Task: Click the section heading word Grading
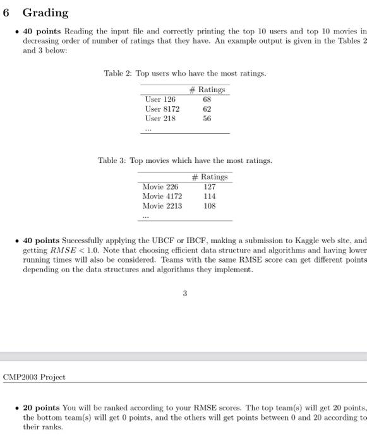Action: coord(45,13)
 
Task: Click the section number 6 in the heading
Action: coord(7,13)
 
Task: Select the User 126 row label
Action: coord(160,99)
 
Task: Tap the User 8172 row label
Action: coord(162,109)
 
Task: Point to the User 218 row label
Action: coord(160,118)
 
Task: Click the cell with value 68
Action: coord(207,99)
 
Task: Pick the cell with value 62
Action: coord(207,109)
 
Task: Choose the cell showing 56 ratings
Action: coord(207,118)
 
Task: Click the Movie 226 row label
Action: coord(160,187)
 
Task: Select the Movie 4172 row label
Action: coord(162,196)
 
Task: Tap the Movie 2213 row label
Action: coord(162,206)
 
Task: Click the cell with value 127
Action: coord(210,187)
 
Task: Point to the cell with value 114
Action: coord(210,196)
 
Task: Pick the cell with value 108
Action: coord(210,206)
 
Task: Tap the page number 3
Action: coord(184,293)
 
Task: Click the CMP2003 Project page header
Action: coord(34,377)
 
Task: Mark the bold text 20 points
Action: coord(42,408)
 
